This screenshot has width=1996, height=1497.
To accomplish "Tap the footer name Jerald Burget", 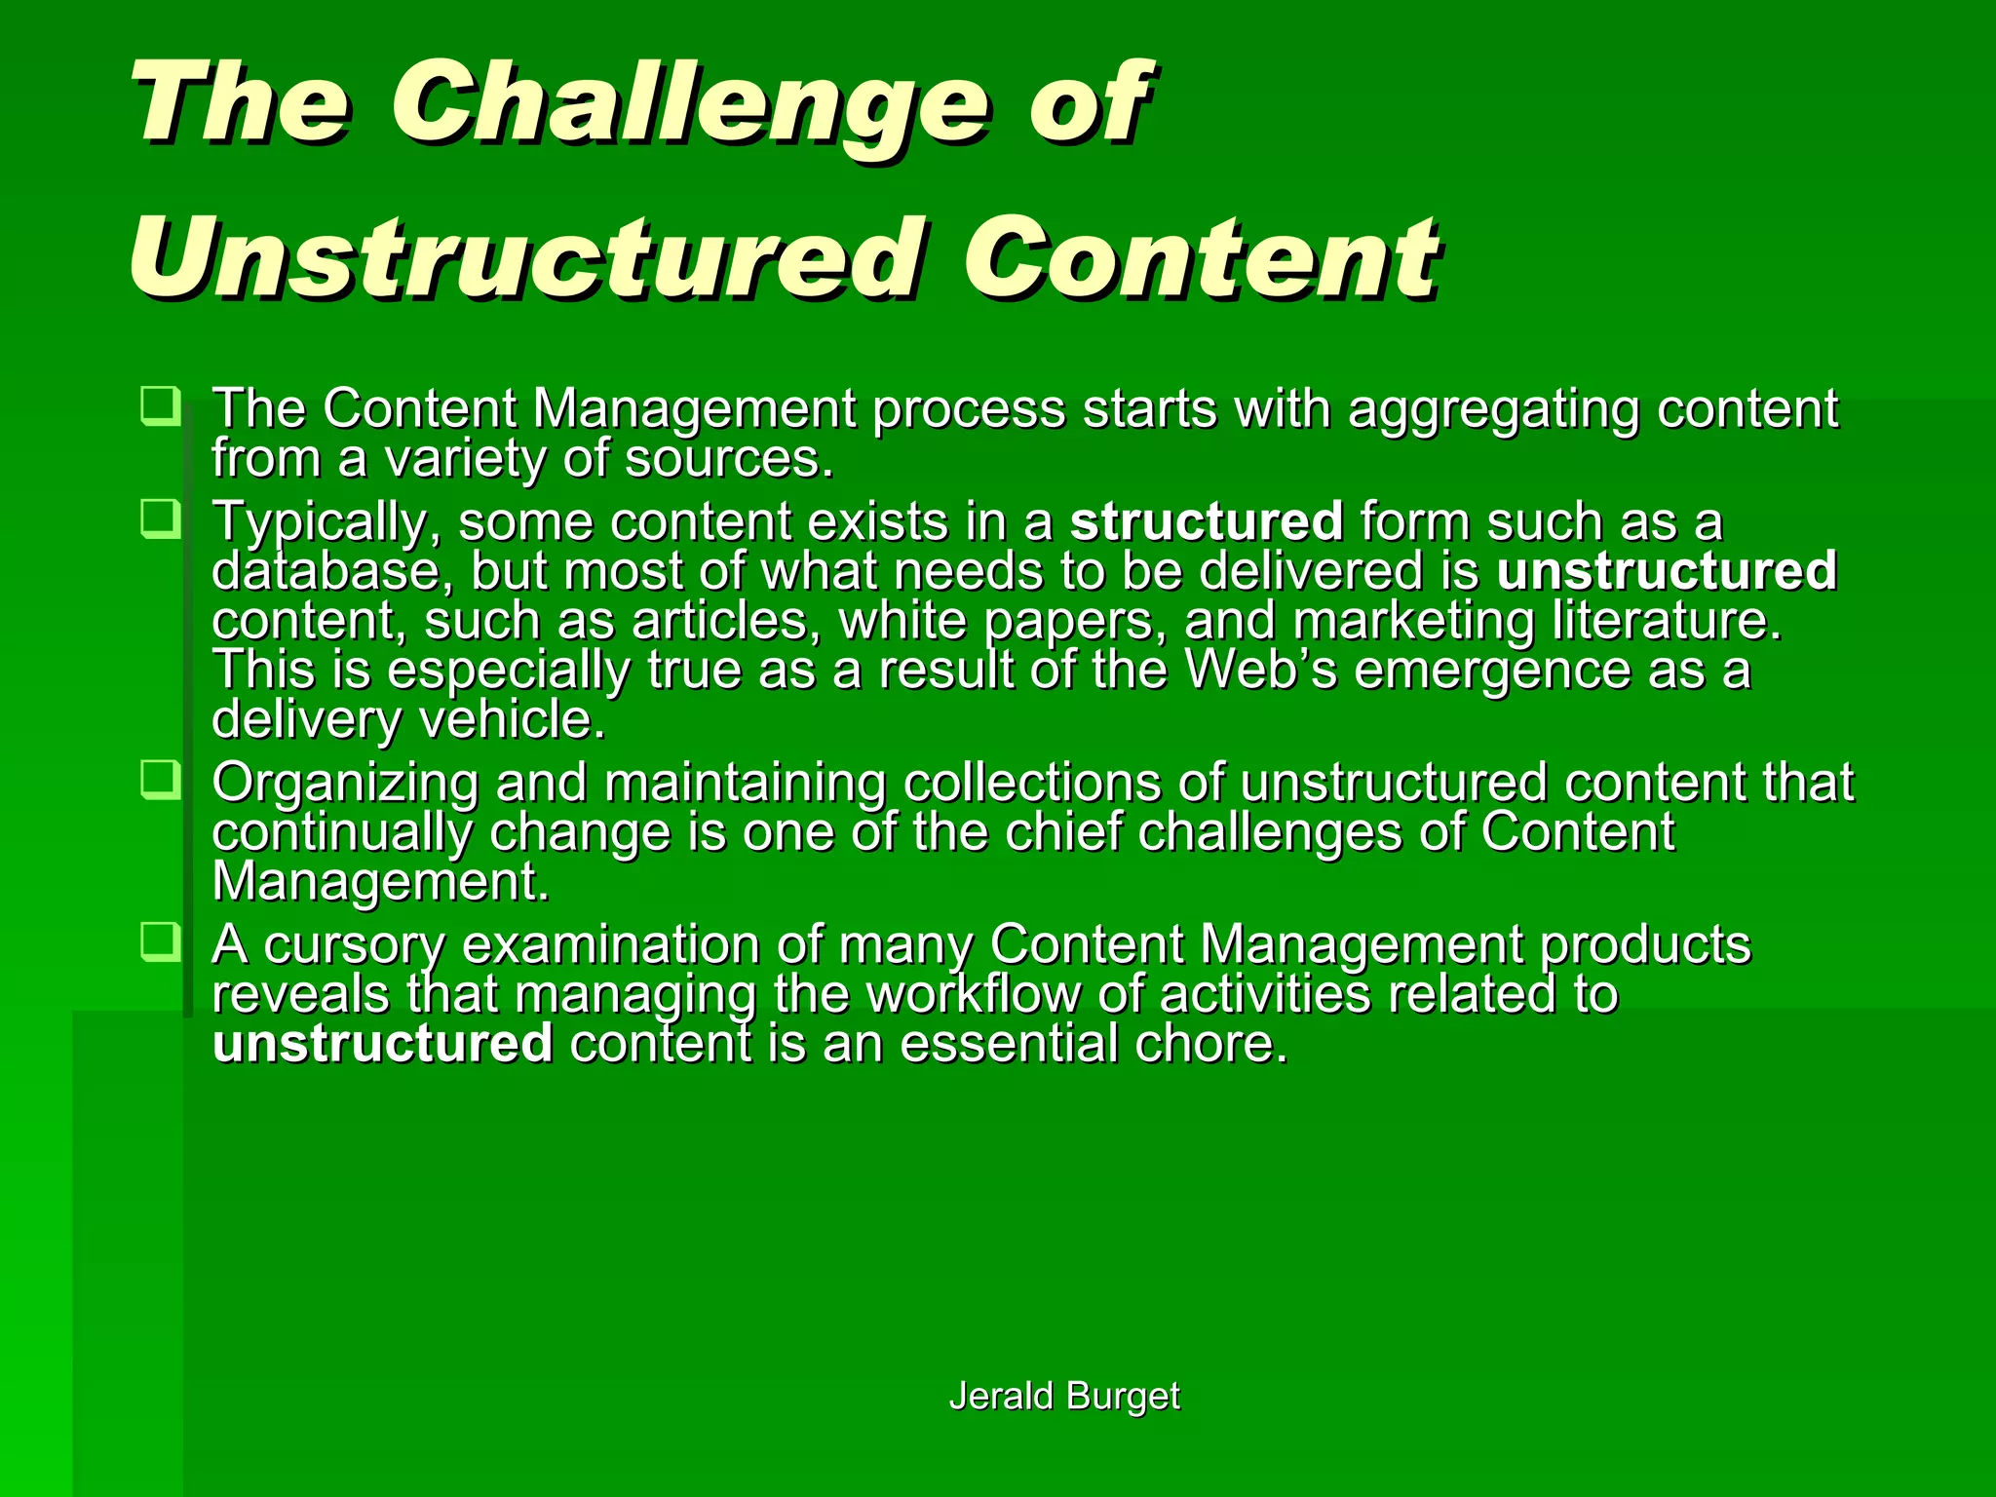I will coord(1063,1396).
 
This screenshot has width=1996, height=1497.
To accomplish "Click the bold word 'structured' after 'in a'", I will coord(1207,520).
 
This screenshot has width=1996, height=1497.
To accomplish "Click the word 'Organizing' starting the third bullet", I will coord(345,784).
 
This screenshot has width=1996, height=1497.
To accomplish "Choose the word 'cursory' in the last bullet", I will coord(354,945).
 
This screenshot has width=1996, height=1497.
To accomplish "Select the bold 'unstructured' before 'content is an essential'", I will coord(383,1044).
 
